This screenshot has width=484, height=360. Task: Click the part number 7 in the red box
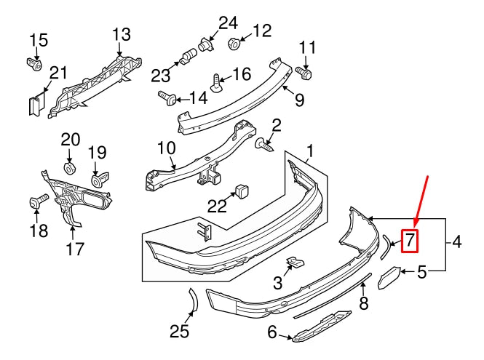tap(410, 239)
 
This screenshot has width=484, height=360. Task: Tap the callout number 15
tap(39, 39)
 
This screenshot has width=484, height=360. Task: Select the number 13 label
tap(122, 33)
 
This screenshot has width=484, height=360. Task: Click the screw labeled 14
tap(165, 96)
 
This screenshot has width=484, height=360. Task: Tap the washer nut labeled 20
tap(71, 169)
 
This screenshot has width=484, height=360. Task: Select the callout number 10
tap(167, 148)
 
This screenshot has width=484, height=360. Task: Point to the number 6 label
tap(272, 333)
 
